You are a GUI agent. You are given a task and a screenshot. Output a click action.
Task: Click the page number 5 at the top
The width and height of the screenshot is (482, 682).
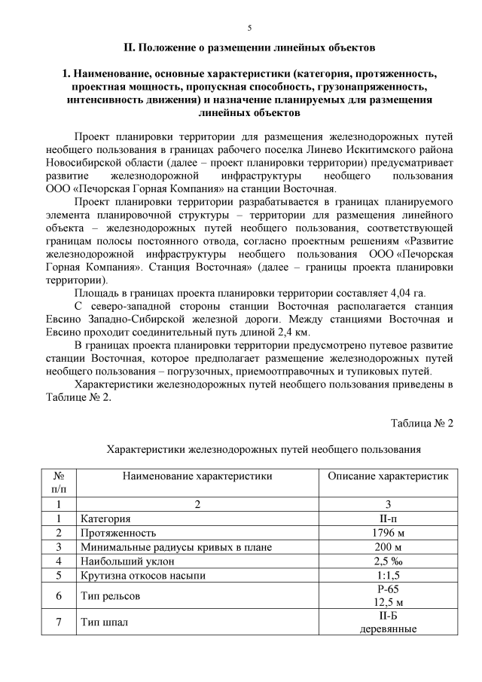coord(249,28)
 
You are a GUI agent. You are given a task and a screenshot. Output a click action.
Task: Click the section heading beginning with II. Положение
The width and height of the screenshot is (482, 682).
coord(249,47)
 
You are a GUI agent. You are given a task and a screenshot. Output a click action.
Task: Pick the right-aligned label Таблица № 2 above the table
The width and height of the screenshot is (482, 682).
coord(422,422)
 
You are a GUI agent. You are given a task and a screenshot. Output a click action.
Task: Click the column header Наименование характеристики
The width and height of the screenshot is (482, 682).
coord(197,476)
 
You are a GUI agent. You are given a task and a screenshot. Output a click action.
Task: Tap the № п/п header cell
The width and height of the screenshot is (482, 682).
coord(59,482)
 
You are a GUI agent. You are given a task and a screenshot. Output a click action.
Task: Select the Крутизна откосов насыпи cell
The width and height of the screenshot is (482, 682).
coord(144,576)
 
